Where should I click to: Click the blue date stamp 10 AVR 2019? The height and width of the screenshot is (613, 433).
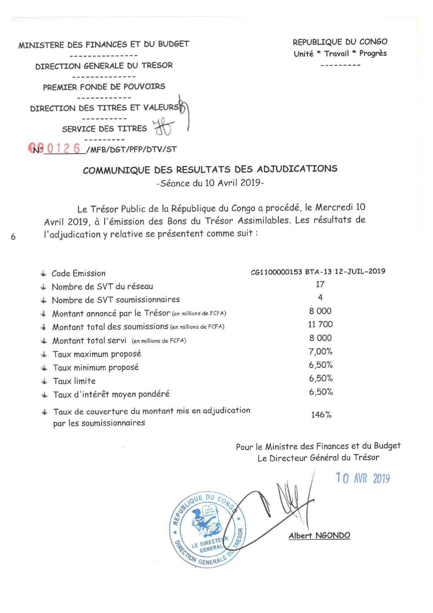tap(362, 478)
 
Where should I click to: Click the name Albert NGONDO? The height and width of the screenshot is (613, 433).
tap(319, 535)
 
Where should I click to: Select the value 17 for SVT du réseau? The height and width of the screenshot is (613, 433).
tap(320, 284)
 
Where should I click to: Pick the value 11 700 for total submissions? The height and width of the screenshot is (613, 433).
tap(320, 324)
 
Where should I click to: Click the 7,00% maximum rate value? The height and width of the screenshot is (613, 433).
tap(321, 351)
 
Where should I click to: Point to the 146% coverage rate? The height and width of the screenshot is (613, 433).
tap(321, 415)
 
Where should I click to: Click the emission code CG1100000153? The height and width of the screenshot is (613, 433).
tap(276, 271)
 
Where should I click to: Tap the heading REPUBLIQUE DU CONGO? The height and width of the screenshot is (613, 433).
tap(340, 42)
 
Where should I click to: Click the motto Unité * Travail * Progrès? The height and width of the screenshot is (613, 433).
tap(340, 53)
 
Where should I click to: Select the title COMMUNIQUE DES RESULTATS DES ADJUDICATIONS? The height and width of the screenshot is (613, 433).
tap(210, 169)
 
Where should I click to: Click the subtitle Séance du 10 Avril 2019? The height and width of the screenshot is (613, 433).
tap(210, 183)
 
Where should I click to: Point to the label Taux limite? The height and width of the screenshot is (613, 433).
tap(74, 381)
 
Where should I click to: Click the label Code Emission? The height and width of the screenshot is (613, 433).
tap(79, 273)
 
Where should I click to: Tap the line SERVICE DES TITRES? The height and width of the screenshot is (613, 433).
tap(104, 129)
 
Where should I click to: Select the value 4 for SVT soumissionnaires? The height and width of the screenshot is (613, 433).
tap(320, 298)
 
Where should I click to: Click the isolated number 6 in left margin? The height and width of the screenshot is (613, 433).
tap(13, 237)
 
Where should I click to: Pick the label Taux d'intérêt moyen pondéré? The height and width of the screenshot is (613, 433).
tap(111, 394)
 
